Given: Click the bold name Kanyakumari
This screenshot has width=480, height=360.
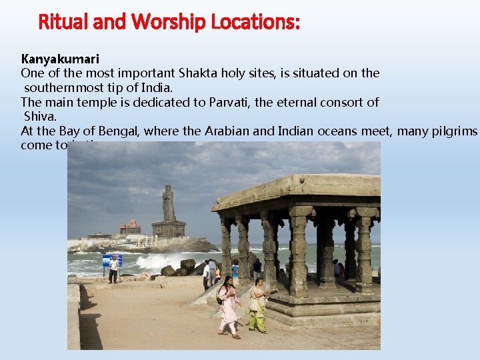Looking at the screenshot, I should click(60, 59).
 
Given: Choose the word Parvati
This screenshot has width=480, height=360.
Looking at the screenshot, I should click(277, 102).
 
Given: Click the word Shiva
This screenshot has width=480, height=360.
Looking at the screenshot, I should click(40, 117).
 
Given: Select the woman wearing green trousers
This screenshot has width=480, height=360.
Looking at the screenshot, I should click(257, 307).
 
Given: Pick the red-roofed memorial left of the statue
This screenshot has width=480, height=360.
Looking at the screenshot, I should click(130, 227).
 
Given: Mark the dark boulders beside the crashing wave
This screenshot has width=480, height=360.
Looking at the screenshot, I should click(180, 269).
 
